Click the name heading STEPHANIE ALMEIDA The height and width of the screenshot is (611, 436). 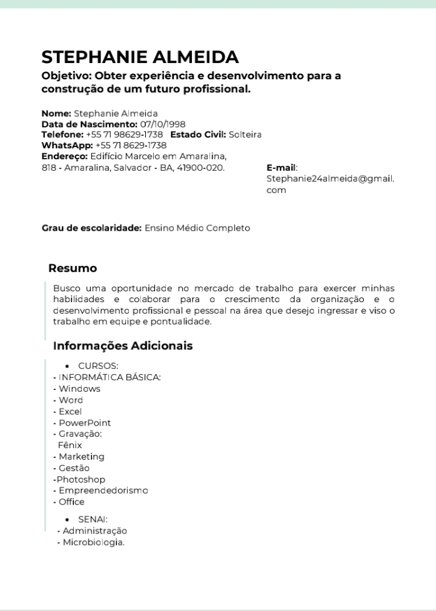[140, 58]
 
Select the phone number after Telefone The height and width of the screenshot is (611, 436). [124, 134]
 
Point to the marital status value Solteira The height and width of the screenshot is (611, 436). [245, 134]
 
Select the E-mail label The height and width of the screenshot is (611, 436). [282, 168]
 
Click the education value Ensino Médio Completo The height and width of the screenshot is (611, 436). [197, 228]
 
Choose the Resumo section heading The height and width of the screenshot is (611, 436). [73, 268]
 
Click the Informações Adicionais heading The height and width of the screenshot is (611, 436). [123, 346]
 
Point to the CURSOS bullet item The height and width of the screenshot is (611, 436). [97, 366]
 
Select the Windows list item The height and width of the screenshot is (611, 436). [79, 389]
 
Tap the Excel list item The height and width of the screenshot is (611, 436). [70, 412]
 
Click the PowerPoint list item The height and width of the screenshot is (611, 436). [84, 423]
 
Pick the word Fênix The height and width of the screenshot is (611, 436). [70, 445]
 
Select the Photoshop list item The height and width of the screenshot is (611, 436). [81, 480]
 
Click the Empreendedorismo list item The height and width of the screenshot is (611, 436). [103, 490]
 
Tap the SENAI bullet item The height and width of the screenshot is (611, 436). [93, 520]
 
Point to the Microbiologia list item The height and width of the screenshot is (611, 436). [93, 542]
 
